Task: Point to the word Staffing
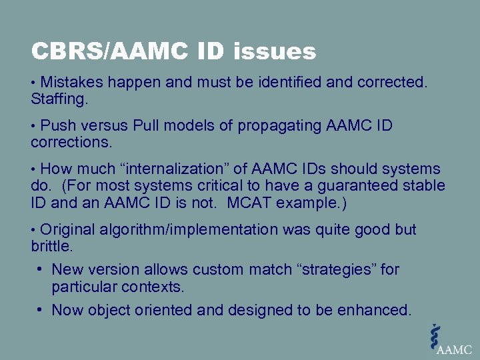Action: click(59, 100)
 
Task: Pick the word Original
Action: click(68, 230)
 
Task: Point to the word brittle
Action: click(51, 247)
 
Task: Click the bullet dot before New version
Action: click(41, 269)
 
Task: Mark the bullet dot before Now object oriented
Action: click(41, 309)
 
